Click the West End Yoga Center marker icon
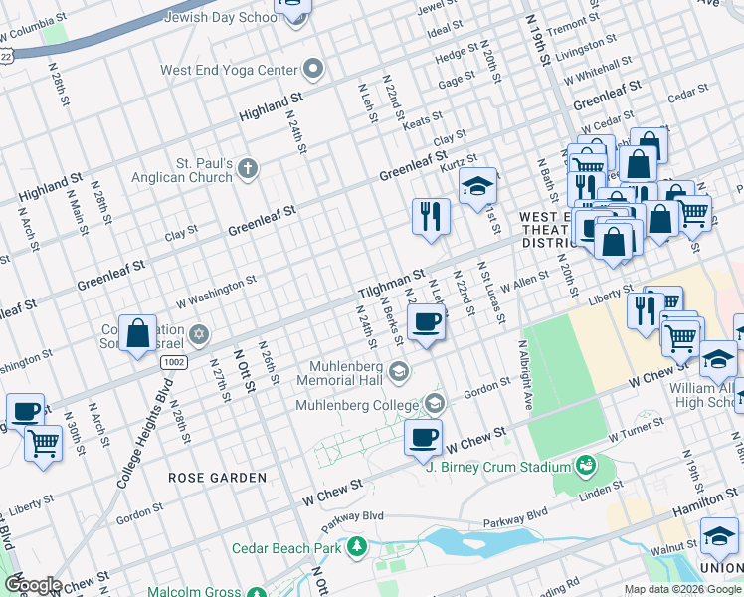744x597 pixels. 314,70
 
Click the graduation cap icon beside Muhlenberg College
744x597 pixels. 434,404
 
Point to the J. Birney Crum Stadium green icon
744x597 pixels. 586,466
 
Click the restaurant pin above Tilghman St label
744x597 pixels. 431,216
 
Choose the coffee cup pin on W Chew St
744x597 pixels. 424,438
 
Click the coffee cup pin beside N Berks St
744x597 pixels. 426,322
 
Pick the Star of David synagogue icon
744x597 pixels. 199,332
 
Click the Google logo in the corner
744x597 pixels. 32,585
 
